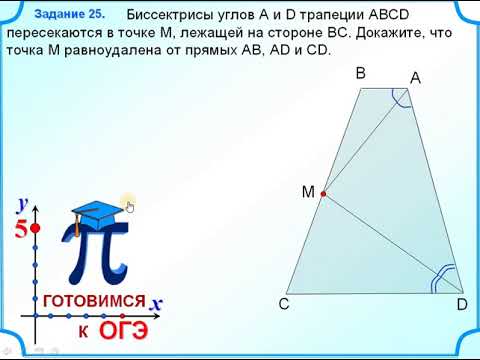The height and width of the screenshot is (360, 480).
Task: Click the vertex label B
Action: [x=361, y=74]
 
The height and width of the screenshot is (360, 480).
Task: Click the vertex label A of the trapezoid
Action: [x=414, y=78]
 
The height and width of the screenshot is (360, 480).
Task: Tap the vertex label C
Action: [x=284, y=304]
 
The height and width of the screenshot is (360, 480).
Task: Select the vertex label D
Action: [x=461, y=304]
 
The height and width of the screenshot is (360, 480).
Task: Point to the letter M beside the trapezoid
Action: [x=308, y=190]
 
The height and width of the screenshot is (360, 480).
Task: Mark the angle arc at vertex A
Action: [x=400, y=97]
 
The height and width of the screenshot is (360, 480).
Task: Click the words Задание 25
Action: [x=69, y=15]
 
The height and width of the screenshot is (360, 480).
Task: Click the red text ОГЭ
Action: [x=124, y=329]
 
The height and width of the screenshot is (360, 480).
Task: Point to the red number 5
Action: [x=20, y=229]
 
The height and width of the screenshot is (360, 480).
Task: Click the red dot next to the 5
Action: [x=36, y=229]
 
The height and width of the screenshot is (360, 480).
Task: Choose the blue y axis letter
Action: [x=21, y=204]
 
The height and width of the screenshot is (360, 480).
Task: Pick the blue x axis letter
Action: [x=157, y=301]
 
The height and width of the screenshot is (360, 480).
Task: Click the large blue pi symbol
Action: [x=94, y=255]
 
